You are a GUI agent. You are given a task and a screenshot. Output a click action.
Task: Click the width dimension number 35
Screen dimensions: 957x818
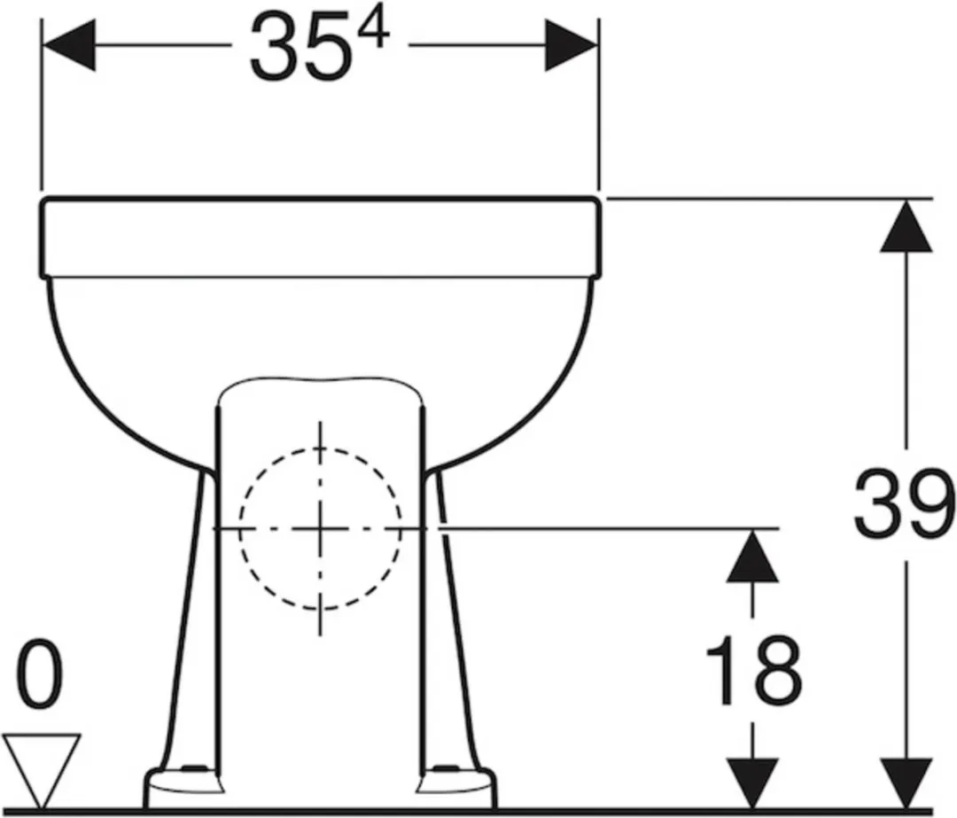point(301,49)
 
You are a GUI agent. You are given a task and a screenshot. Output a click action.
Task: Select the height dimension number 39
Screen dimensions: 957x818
point(903,504)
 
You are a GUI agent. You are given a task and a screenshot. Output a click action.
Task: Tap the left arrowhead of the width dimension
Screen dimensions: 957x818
point(68,44)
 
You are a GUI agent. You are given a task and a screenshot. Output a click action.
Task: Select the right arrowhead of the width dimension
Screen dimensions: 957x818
point(572,44)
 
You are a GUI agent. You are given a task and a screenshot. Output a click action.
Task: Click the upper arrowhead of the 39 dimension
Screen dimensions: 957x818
point(906,227)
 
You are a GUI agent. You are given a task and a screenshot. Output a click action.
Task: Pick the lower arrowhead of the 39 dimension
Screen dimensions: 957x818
point(906,783)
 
